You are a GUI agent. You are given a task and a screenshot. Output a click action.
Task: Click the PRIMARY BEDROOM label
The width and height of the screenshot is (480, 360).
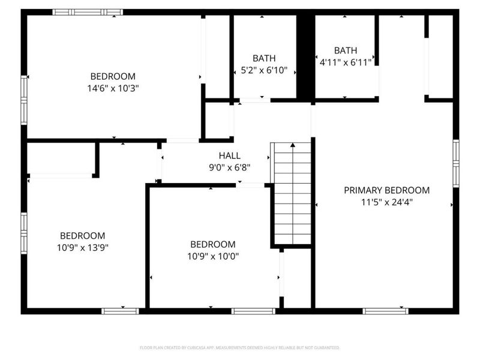[x=386, y=190]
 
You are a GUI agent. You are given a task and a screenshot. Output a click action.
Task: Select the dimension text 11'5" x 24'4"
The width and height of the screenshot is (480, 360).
[x=386, y=202]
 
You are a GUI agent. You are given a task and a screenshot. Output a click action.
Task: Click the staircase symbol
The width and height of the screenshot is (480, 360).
[x=292, y=195]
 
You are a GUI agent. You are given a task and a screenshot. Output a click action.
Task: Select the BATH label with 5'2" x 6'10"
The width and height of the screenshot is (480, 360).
[x=264, y=58]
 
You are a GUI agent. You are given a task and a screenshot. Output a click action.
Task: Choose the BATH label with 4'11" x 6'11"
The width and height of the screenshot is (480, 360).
[x=346, y=50]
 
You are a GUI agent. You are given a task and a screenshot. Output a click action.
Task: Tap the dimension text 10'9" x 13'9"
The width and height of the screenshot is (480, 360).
[x=82, y=247]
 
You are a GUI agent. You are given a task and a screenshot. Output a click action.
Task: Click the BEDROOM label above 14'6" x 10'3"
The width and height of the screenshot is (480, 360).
[x=113, y=76]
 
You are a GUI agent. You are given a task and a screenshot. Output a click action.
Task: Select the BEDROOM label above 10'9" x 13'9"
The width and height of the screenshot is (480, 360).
[x=82, y=235]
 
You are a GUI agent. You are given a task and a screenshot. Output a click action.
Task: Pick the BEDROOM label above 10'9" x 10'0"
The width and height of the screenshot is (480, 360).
[x=213, y=244]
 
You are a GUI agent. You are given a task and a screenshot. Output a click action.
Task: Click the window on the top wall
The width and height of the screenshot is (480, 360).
[x=88, y=12]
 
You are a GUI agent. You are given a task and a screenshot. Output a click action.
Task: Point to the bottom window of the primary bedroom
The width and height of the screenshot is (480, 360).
[x=386, y=311]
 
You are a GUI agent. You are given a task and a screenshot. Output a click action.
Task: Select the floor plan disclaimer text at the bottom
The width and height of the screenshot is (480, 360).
[x=240, y=347]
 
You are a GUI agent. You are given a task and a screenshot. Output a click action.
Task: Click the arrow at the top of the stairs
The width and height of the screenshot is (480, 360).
[x=292, y=145]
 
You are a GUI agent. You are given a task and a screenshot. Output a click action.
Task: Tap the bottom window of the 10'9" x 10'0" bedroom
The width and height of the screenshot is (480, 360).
[x=253, y=311]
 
